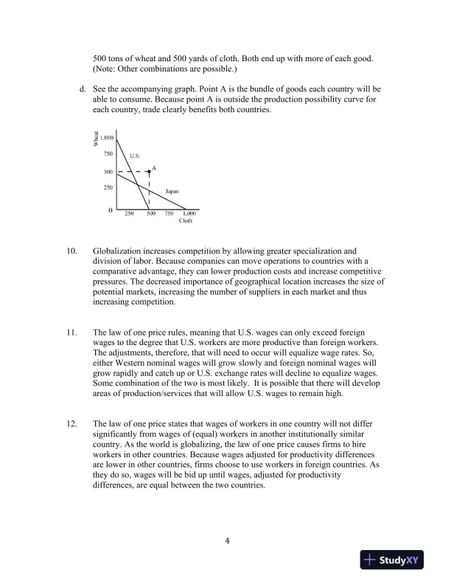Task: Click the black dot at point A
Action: (150, 171)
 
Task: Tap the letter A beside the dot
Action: (154, 167)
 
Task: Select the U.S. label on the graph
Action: (135, 156)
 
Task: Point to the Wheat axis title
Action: (96, 138)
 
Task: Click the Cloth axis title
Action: (186, 220)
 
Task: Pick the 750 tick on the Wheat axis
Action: (108, 154)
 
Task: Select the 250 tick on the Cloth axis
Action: (129, 213)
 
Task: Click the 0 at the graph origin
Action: (111, 211)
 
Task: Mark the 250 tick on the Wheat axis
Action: (108, 188)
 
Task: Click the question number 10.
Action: (72, 251)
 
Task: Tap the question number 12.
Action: (72, 425)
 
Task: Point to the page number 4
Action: (228, 542)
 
